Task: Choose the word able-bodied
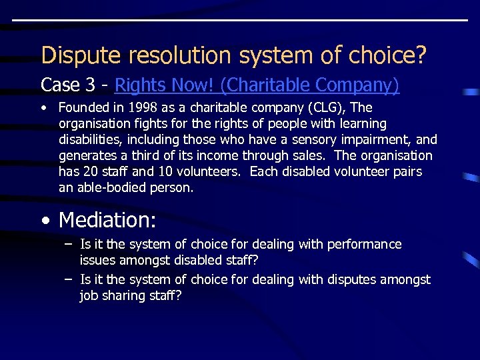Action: [x=116, y=188]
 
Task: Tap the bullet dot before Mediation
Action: [x=44, y=220]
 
